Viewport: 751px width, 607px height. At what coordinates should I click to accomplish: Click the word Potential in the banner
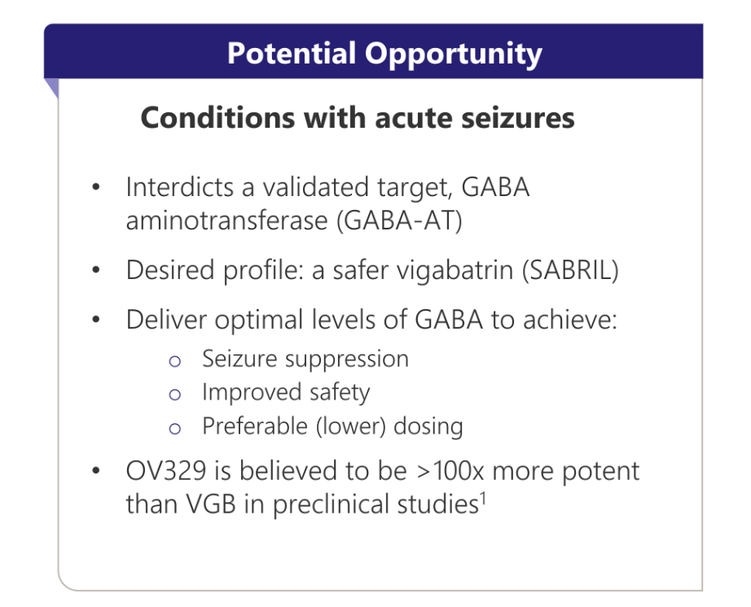pos(292,53)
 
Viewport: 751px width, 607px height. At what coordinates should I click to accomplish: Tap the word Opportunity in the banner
pos(453,55)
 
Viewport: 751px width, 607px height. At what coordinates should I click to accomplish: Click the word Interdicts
pos(180,186)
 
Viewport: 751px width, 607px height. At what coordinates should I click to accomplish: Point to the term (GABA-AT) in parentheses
pos(399,221)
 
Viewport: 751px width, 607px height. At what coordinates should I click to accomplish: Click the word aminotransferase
pos(226,221)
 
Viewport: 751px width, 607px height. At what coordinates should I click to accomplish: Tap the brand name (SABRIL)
pos(570,270)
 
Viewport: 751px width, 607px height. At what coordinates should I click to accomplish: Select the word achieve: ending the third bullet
pos(570,320)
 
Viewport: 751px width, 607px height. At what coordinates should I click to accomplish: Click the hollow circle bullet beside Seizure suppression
pos(175,361)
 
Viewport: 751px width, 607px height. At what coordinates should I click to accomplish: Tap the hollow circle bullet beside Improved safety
pos(175,395)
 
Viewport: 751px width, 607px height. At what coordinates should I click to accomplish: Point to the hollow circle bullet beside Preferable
pos(175,428)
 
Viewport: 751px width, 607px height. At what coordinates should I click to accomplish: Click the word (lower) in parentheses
pos(351,426)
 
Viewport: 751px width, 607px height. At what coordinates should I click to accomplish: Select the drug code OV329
pos(165,470)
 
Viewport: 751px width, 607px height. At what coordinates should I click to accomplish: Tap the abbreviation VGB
pos(211,504)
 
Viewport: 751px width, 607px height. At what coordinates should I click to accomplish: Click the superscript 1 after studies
pos(483,499)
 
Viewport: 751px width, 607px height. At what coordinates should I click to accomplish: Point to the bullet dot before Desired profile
pos(96,270)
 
